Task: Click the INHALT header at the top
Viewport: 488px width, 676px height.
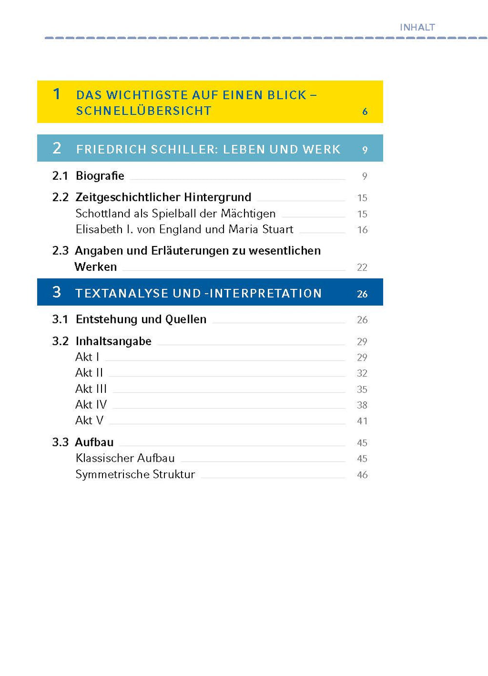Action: click(x=417, y=27)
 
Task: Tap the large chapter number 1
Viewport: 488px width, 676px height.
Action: click(x=57, y=94)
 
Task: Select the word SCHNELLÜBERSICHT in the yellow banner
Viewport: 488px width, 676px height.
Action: click(x=143, y=111)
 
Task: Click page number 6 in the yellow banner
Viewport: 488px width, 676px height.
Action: click(x=365, y=112)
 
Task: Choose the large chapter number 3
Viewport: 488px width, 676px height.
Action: click(x=57, y=292)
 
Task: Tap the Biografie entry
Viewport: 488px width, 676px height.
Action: click(x=100, y=176)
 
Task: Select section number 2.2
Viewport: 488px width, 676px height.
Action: click(x=60, y=197)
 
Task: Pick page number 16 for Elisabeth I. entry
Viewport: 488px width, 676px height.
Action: click(x=362, y=230)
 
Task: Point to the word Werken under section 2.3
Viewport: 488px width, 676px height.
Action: click(x=96, y=267)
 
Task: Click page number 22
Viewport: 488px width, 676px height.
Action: click(x=362, y=267)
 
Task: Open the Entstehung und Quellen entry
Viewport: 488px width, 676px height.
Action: click(x=141, y=319)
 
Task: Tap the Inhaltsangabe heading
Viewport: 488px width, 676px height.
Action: click(x=113, y=341)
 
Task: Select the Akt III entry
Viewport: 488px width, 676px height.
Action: click(x=91, y=389)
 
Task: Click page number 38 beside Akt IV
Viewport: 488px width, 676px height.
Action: click(x=362, y=405)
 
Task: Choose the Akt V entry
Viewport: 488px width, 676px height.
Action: click(x=89, y=420)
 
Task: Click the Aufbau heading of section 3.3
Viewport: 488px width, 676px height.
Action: click(x=94, y=442)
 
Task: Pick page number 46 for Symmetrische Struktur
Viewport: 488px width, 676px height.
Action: click(x=362, y=475)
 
